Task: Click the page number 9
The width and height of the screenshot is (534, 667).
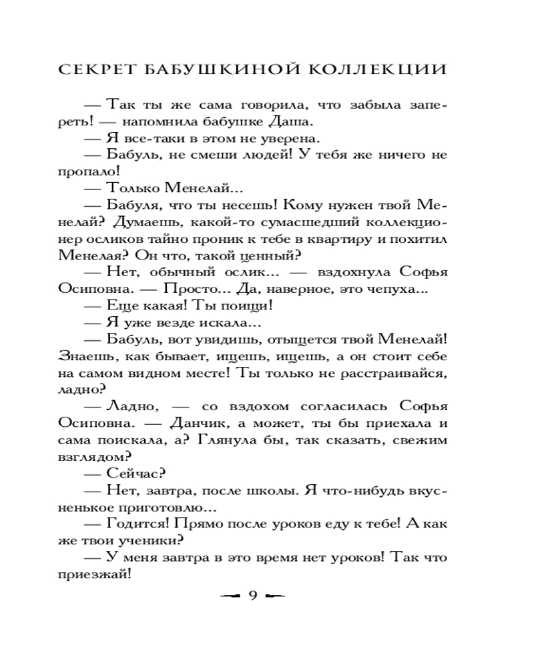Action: [x=252, y=596]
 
